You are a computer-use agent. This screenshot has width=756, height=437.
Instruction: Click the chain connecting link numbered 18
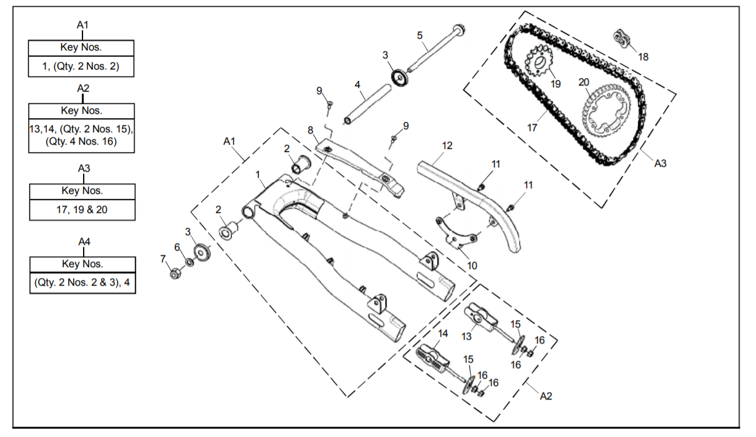pyautogui.click(x=623, y=38)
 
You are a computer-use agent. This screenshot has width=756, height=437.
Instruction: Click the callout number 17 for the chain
pyautogui.click(x=532, y=128)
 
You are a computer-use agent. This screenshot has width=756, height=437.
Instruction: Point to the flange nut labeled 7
pyautogui.click(x=175, y=273)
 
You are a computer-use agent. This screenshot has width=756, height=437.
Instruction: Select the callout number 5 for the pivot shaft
pyautogui.click(x=420, y=36)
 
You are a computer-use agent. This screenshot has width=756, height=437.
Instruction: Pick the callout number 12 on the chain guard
pyautogui.click(x=447, y=146)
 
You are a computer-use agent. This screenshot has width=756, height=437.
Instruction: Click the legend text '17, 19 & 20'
pyautogui.click(x=82, y=209)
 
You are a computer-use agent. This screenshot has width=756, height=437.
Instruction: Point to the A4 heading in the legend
pyautogui.click(x=84, y=242)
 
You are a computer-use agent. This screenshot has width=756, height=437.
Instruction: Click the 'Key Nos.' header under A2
pyautogui.click(x=81, y=111)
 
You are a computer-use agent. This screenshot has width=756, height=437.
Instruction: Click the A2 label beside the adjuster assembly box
pyautogui.click(x=545, y=396)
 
